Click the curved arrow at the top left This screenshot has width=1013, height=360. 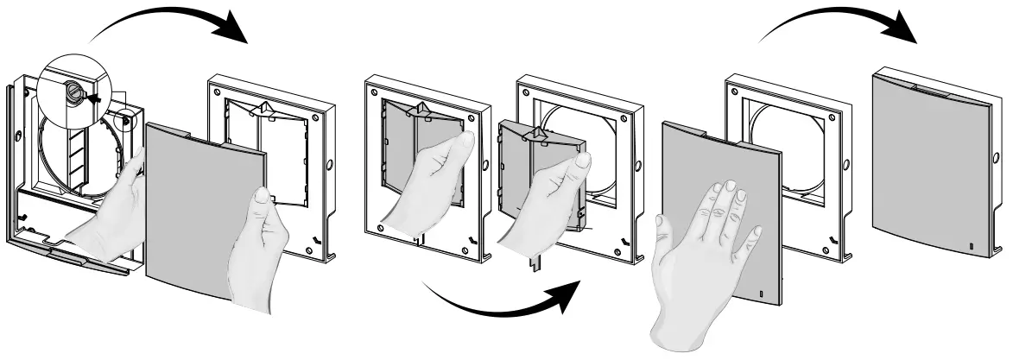pos(173,22)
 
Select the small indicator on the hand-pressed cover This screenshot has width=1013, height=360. pos(761,296)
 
